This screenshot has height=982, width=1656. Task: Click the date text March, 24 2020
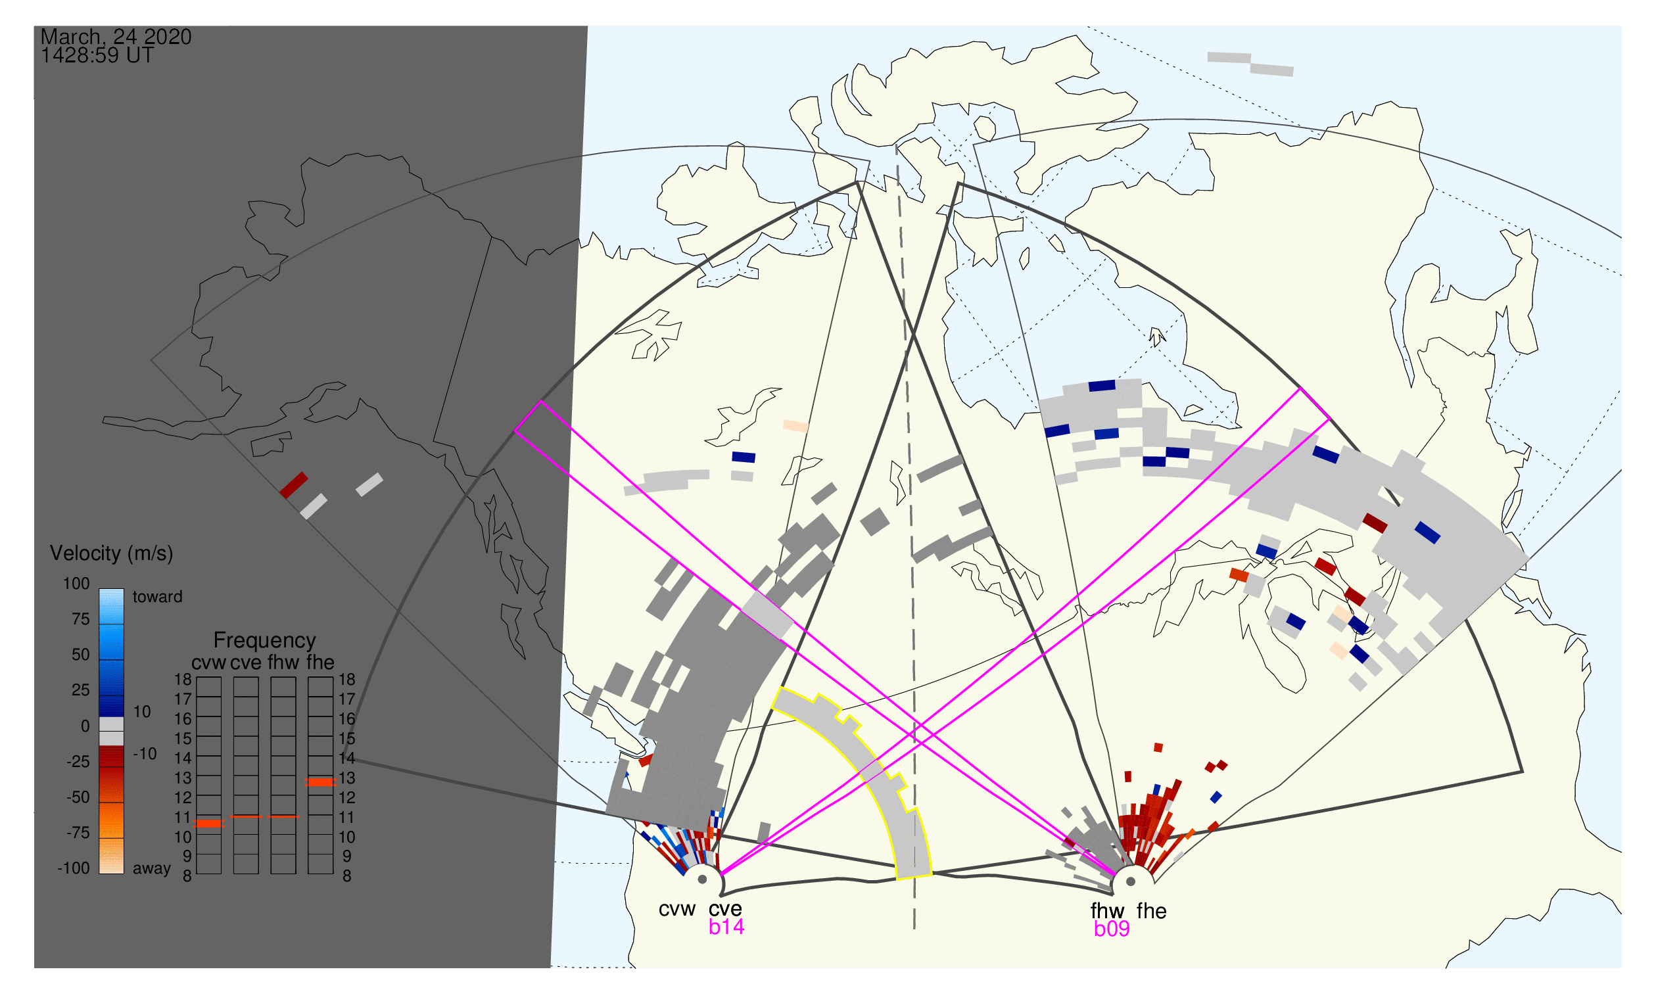click(x=116, y=36)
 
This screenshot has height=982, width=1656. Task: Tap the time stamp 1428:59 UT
click(x=97, y=56)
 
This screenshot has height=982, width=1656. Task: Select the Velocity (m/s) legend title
click(x=111, y=554)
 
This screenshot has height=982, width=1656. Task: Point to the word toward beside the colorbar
click(x=158, y=597)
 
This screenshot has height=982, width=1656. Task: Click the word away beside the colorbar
click(x=152, y=869)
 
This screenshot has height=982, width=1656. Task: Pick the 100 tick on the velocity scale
click(x=76, y=584)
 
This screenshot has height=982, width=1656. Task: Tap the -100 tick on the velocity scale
click(x=74, y=868)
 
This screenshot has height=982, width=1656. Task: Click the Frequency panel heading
click(x=265, y=641)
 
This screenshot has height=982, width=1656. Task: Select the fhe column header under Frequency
click(x=320, y=663)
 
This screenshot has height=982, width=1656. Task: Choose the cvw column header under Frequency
click(x=208, y=663)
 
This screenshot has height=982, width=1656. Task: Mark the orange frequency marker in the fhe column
click(x=320, y=782)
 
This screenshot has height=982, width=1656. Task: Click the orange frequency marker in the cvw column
click(x=209, y=824)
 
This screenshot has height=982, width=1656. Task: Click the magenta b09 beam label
click(x=1112, y=929)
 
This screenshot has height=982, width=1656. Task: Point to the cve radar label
click(x=725, y=910)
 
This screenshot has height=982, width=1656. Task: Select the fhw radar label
click(x=1107, y=912)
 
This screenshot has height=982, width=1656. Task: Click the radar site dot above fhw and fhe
click(x=1131, y=882)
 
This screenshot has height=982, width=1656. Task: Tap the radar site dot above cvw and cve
click(x=702, y=880)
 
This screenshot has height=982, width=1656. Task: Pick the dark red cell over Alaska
click(x=294, y=485)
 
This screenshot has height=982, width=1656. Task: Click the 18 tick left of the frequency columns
click(x=183, y=680)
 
